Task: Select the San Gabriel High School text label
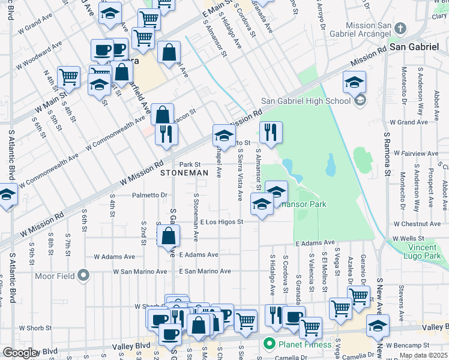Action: point(306,101)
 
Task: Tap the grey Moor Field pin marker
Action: point(83,275)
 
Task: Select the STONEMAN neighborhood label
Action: point(184,173)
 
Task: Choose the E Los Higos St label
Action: point(221,222)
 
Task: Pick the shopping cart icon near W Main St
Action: point(69,77)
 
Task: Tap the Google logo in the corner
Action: point(20,353)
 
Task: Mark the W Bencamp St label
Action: point(408,346)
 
